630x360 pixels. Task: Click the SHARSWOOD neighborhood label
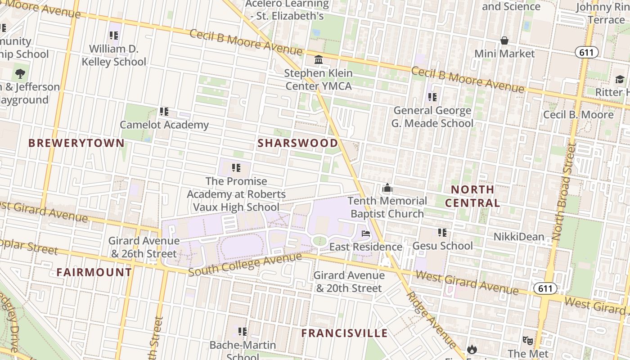click(x=298, y=143)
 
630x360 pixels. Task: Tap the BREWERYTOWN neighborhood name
click(x=76, y=143)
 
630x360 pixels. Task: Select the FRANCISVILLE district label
click(x=344, y=333)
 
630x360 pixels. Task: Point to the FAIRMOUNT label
click(x=94, y=272)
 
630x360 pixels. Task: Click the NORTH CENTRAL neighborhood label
click(x=472, y=196)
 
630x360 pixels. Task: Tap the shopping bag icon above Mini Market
click(x=504, y=40)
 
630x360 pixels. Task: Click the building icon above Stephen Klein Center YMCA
click(x=319, y=60)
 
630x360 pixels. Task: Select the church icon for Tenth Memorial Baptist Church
click(x=387, y=188)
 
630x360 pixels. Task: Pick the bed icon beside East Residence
click(x=366, y=234)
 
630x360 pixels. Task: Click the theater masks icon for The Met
click(x=527, y=341)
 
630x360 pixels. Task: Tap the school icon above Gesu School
click(x=442, y=233)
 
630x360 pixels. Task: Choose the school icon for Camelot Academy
click(x=164, y=111)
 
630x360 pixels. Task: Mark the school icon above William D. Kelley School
click(x=114, y=35)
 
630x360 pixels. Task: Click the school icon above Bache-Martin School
click(x=243, y=332)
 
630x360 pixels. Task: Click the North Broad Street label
click(x=565, y=191)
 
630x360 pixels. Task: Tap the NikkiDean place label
click(x=518, y=237)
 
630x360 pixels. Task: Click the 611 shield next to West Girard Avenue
click(x=545, y=288)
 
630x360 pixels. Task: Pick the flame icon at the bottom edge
click(x=472, y=349)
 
